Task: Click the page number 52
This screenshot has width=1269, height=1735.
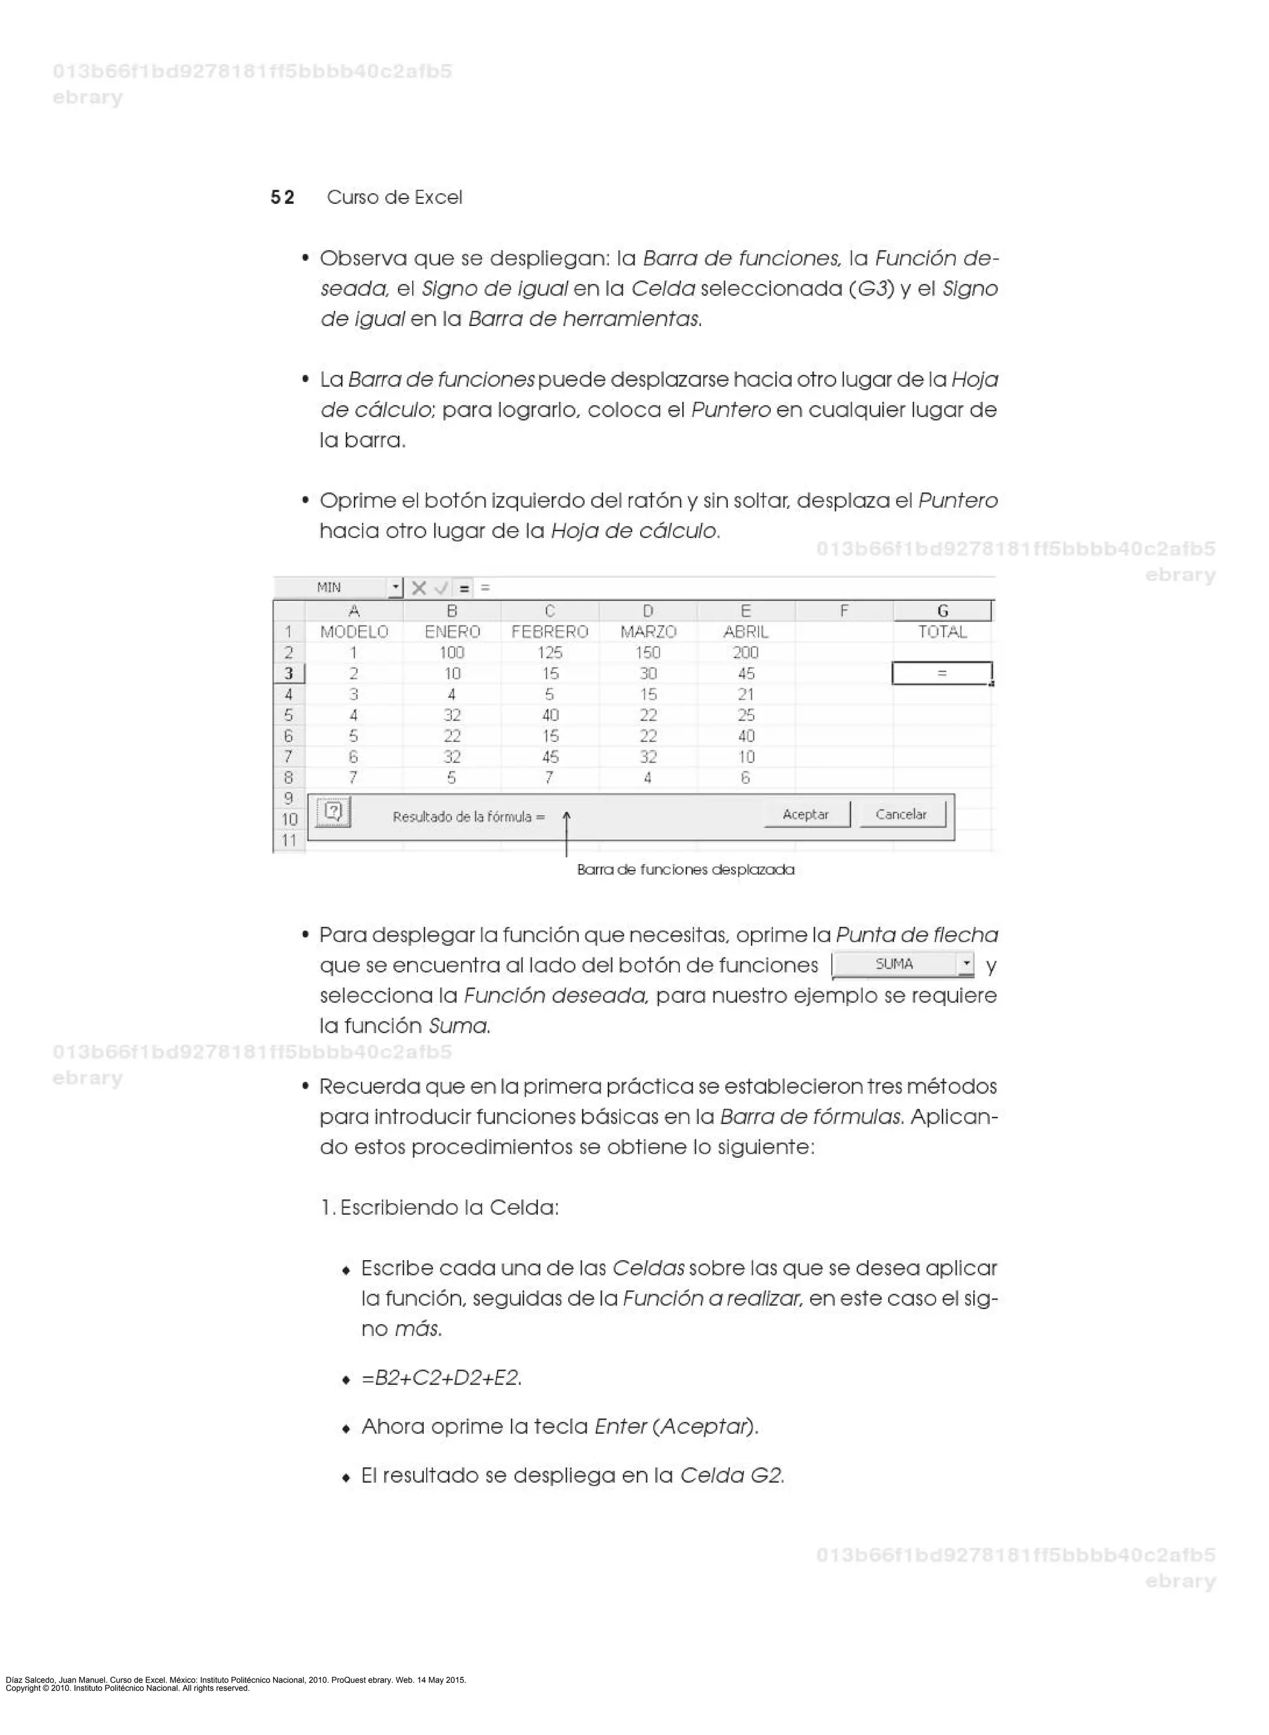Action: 282,198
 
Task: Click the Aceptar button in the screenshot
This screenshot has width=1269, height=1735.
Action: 805,815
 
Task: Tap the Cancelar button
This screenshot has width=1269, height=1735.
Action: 900,815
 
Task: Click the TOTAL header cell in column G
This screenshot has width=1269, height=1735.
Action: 942,632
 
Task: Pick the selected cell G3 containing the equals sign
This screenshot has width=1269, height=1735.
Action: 942,673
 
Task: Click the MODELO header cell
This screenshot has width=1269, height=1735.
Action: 354,632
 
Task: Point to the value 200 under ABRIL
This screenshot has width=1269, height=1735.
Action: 745,652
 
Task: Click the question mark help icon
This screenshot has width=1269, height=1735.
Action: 333,812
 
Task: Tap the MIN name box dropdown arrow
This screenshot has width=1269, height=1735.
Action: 395,588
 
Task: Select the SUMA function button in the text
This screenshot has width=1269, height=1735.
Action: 894,965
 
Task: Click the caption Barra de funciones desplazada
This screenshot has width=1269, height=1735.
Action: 685,870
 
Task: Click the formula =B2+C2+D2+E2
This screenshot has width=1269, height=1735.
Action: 441,1378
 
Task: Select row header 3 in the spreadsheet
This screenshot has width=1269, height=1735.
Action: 289,674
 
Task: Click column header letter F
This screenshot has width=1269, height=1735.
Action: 843,611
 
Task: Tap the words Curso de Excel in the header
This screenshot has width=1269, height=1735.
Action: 394,198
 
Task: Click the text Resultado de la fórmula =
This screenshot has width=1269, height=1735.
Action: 468,817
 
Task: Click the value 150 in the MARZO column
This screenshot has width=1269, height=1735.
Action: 648,652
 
